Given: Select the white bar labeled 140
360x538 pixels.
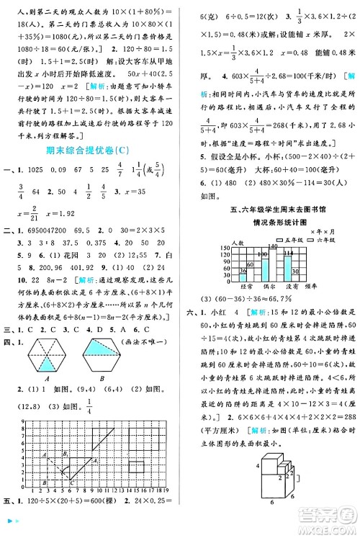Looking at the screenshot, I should pos(272,265).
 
